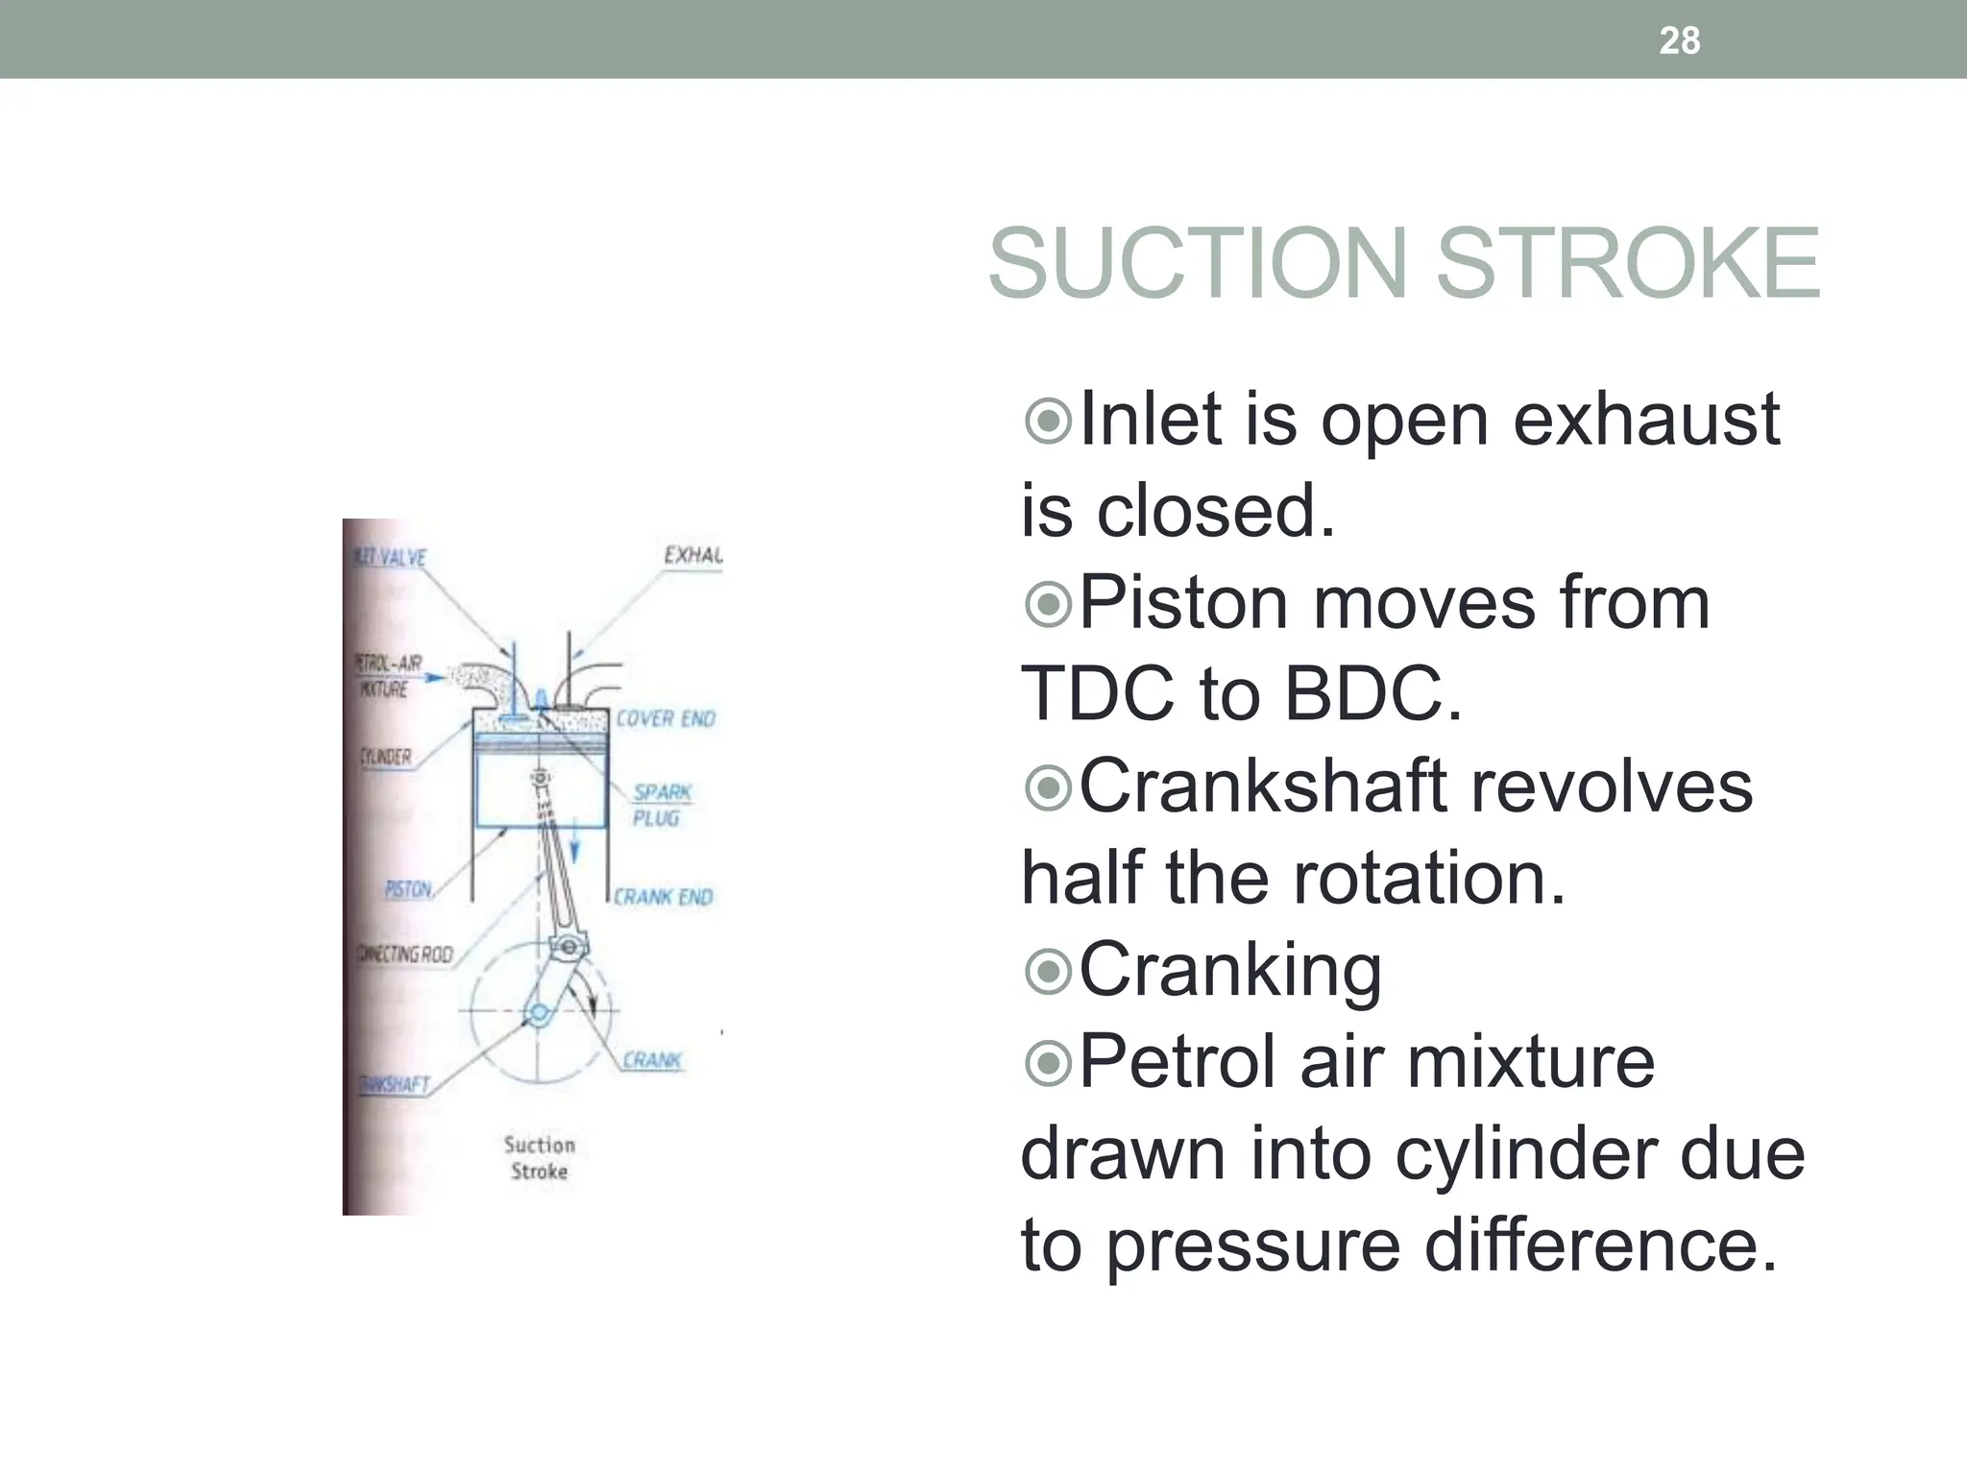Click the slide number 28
click(1680, 40)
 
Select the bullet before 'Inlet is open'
click(1047, 421)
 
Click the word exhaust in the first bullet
click(1645, 421)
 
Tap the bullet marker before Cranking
click(1047, 971)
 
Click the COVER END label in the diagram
click(666, 719)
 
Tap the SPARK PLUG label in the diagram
click(661, 805)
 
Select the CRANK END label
click(664, 897)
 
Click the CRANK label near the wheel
click(652, 1060)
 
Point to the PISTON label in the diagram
click(408, 889)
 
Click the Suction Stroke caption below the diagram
click(539, 1157)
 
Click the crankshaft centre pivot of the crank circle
click(538, 1012)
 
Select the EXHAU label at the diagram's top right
click(692, 555)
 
